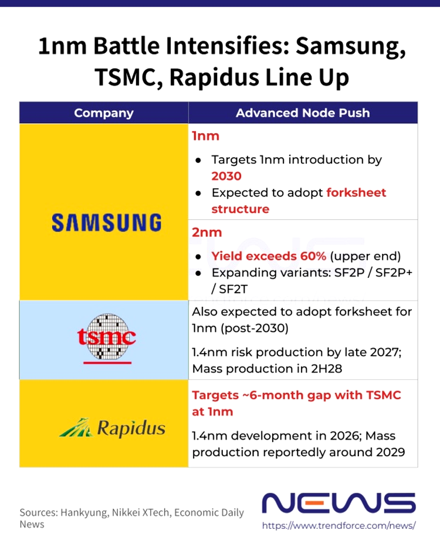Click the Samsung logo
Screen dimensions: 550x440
[106, 223]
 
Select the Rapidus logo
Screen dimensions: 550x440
[112, 427]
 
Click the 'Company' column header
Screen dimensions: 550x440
[104, 113]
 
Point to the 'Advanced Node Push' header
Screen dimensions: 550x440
[303, 113]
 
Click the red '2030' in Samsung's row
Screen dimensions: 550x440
[226, 176]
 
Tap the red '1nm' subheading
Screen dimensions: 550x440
[205, 136]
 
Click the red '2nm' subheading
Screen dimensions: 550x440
[207, 232]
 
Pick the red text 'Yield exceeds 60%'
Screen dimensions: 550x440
[268, 256]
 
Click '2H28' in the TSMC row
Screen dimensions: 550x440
[327, 369]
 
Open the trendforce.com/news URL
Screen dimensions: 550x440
[339, 525]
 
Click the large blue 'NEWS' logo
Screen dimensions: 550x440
[339, 503]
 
